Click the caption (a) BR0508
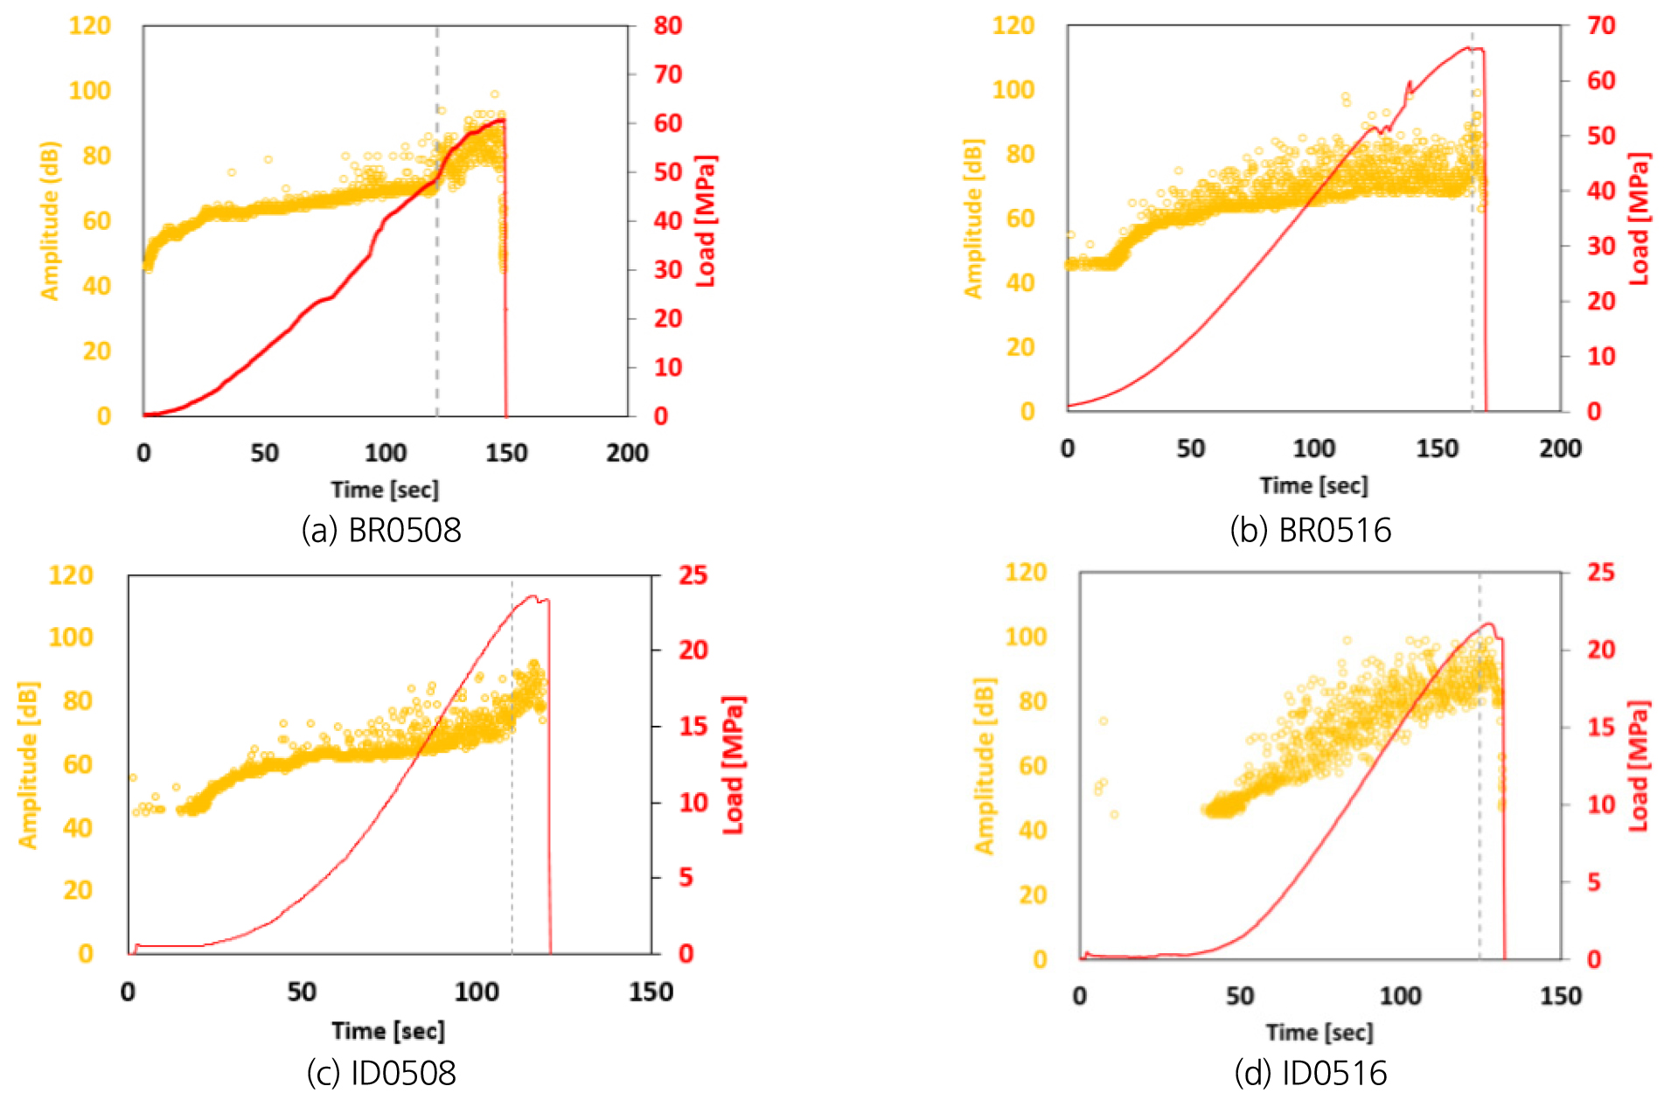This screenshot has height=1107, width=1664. pyautogui.click(x=381, y=530)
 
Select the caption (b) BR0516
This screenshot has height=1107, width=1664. pyautogui.click(x=1310, y=530)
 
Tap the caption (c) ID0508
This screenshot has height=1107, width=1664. pyautogui.click(x=381, y=1073)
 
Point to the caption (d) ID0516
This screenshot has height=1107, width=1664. pyautogui.click(x=1310, y=1073)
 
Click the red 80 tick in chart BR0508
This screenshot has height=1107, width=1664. pyautogui.click(x=668, y=26)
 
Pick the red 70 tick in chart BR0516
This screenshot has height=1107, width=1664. pyautogui.click(x=1601, y=26)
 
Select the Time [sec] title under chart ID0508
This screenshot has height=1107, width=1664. pyautogui.click(x=388, y=1031)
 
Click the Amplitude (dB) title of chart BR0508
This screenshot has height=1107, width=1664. pyautogui.click(x=50, y=220)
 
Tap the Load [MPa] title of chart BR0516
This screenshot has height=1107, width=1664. pyautogui.click(x=1639, y=219)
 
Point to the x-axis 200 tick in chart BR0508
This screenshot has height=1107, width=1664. pyautogui.click(x=627, y=453)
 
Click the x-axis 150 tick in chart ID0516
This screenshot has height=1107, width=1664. pyautogui.click(x=1560, y=996)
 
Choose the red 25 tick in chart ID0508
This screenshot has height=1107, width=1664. pyautogui.click(x=693, y=575)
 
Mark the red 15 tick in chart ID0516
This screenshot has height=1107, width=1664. pyautogui.click(x=1601, y=727)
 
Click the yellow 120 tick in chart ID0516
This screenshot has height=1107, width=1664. pyautogui.click(x=1026, y=573)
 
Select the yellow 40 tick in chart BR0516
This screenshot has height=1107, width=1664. pyautogui.click(x=1020, y=282)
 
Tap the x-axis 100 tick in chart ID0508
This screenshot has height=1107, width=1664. pyautogui.click(x=477, y=992)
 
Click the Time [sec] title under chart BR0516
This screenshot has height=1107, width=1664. pyautogui.click(x=1313, y=485)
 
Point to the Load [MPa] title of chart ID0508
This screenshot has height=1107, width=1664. pyautogui.click(x=733, y=765)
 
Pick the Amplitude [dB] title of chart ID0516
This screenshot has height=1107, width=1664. pyautogui.click(x=985, y=765)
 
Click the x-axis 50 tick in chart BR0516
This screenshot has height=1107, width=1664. pyautogui.click(x=1190, y=449)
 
